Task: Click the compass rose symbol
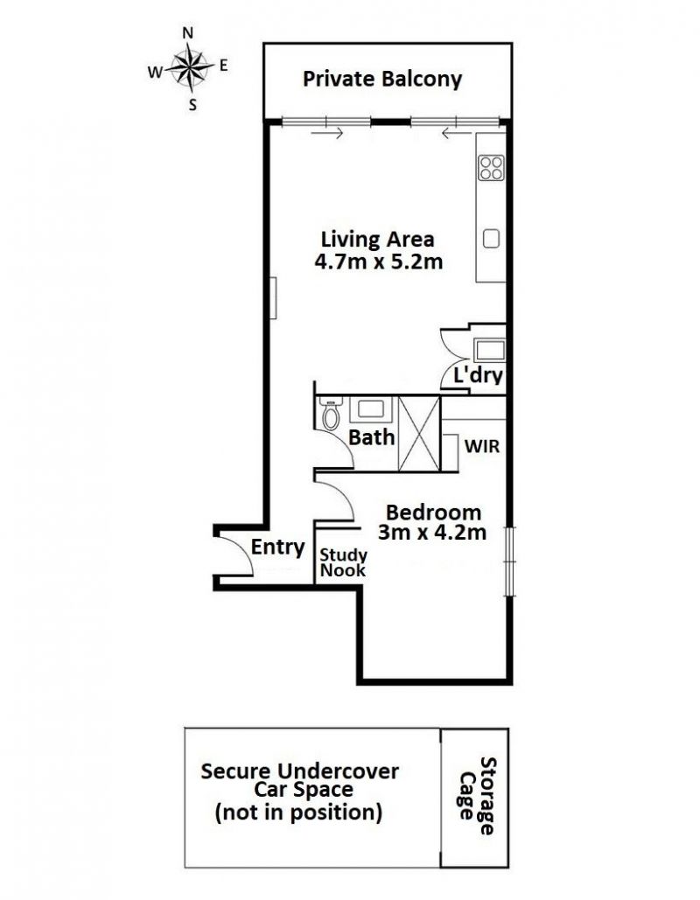tap(189, 68)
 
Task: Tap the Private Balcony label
tap(381, 80)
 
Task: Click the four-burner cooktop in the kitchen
tap(492, 168)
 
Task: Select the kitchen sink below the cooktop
tap(491, 239)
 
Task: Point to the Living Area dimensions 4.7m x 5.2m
tap(378, 262)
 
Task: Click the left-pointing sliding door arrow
tap(458, 134)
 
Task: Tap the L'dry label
tap(479, 375)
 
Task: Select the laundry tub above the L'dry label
tap(489, 350)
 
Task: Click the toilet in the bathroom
tap(330, 415)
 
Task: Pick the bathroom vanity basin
tap(371, 409)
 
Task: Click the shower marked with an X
tap(419, 433)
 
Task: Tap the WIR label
tap(482, 446)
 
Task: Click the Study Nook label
tap(343, 562)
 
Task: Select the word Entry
tap(277, 548)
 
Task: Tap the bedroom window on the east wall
tap(510, 562)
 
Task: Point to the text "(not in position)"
tap(298, 813)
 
